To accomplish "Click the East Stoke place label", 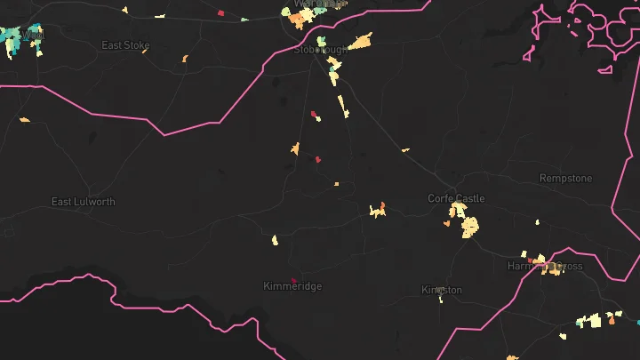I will point(125,45).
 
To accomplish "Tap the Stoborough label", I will point(320,50).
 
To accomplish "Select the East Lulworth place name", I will point(83,202).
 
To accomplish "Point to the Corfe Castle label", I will point(456,198).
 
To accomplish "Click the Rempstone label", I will point(565,179).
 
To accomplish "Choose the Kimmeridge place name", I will point(292,286).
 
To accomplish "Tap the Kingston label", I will point(442,290).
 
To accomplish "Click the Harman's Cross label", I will point(545,266).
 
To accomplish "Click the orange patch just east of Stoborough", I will point(360,41).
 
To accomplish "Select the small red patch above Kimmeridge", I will point(293,281).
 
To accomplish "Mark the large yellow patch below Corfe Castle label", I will point(468,228).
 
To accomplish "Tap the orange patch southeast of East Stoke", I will point(185,60).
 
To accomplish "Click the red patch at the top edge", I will point(220,13).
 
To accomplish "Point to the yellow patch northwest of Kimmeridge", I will point(275,240).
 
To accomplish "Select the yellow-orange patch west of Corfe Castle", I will point(378,211).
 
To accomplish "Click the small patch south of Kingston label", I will point(440,300).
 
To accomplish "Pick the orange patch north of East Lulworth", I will point(24,119).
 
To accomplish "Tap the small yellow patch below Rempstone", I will point(538,220).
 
